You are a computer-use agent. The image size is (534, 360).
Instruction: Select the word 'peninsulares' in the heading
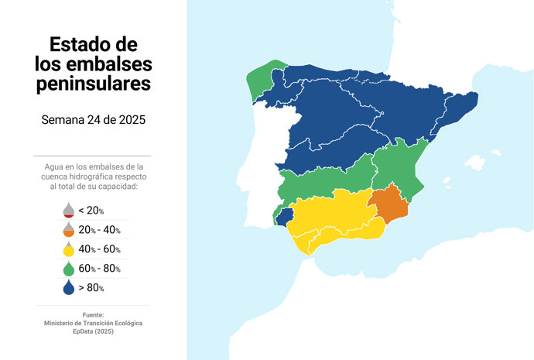[x=94, y=83]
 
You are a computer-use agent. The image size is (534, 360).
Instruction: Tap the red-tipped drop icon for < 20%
[x=69, y=210]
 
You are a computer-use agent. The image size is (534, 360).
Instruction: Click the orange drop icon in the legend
[x=69, y=229]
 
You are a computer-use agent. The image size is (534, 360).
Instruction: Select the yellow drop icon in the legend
[x=69, y=249]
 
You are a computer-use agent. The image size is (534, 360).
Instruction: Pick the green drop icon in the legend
[x=69, y=268]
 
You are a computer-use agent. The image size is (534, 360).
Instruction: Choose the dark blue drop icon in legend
[x=69, y=287]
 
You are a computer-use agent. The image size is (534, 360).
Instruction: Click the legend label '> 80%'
[x=91, y=288]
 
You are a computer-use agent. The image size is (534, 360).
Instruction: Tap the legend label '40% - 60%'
[x=99, y=249]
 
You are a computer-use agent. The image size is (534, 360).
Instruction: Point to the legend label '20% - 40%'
[x=99, y=230]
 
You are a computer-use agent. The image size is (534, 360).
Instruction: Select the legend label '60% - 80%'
[x=99, y=269]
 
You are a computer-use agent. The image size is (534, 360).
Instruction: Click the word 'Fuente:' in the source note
[x=93, y=314]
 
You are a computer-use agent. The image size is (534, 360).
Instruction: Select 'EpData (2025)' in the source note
[x=93, y=331]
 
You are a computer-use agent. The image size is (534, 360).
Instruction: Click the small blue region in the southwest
[x=285, y=216]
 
